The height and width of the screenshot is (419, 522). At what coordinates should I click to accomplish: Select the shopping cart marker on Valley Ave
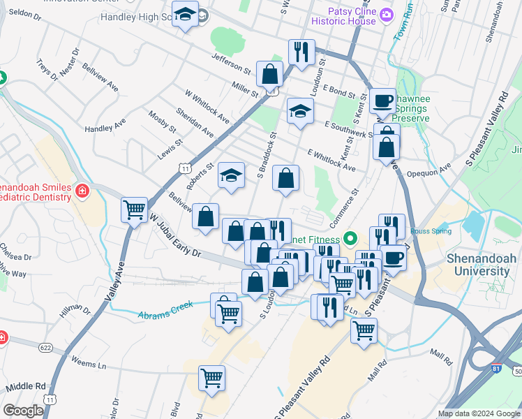coord(133,209)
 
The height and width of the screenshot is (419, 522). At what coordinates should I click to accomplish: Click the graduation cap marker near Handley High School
coord(185,15)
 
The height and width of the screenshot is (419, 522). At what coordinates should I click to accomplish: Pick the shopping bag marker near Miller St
coord(269,73)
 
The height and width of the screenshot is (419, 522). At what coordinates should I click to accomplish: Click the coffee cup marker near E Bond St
coord(382,101)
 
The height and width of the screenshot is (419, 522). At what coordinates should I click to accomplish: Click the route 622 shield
coord(46,347)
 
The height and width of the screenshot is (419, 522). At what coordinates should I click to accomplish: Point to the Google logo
coord(23,411)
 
